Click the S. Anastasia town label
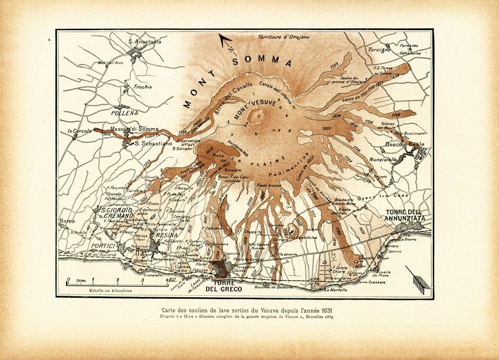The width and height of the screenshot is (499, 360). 145,42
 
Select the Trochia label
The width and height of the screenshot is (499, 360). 142,87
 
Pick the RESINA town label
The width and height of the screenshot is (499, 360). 166,234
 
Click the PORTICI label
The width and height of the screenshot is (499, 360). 103,246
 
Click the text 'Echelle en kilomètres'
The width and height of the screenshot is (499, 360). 110,290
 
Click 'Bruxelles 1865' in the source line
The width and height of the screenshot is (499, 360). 316,316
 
